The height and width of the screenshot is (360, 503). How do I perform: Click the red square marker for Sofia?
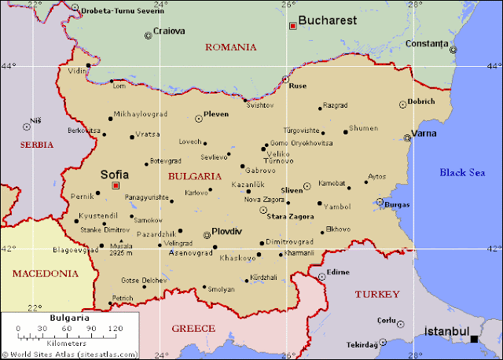point(116,186)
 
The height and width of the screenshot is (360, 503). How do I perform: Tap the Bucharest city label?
point(328,20)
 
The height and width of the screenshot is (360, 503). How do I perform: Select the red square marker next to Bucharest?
point(293,26)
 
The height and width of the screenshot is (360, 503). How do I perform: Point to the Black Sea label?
point(462,172)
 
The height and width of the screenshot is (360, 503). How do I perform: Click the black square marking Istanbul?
point(474,339)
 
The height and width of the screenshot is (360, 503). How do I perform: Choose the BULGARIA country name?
point(194,176)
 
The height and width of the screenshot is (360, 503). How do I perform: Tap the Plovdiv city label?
point(226,231)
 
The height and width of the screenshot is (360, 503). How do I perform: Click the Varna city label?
point(424,133)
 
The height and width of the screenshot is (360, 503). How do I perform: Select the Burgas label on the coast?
point(397,204)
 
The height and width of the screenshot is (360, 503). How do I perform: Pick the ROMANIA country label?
point(230,47)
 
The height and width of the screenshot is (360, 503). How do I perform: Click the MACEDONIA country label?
point(46,274)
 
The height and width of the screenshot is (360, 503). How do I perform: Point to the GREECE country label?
point(193,328)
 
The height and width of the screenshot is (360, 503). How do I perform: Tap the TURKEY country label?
point(376,294)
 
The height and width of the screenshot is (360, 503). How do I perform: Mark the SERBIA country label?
point(37,145)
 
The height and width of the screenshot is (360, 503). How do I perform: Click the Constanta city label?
point(426,42)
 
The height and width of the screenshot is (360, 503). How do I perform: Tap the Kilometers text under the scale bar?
point(69,343)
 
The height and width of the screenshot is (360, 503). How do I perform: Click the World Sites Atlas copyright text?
point(71,354)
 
